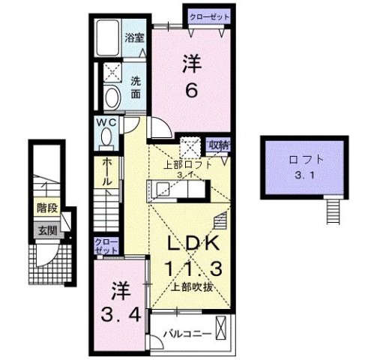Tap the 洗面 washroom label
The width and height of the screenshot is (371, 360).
136,88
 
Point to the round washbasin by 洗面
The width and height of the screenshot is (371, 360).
112,97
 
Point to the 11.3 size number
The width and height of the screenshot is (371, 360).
192,268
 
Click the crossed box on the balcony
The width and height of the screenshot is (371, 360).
222,328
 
